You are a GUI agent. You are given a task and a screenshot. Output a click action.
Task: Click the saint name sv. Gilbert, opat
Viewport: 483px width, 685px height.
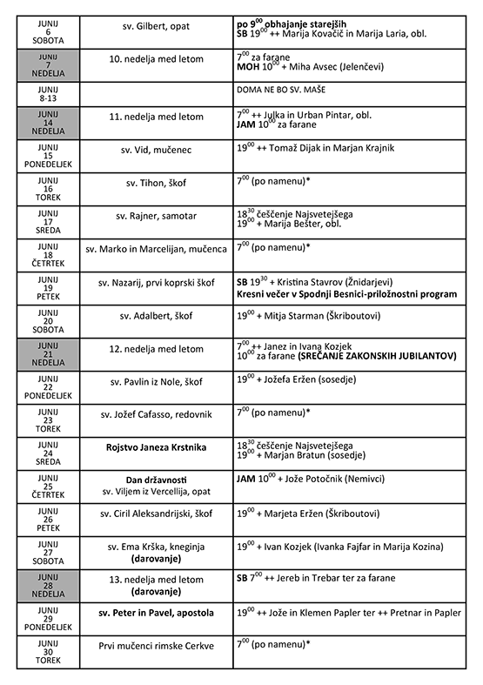click(x=158, y=27)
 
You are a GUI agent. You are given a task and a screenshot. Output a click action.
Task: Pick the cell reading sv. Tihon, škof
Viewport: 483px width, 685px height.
click(x=158, y=184)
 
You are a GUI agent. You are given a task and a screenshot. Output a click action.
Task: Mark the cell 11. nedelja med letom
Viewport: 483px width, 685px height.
click(x=158, y=116)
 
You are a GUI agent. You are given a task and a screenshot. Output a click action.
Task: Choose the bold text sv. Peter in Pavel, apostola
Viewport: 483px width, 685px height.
click(x=158, y=613)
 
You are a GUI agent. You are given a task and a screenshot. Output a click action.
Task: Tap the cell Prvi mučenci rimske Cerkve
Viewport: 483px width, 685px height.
click(x=158, y=646)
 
